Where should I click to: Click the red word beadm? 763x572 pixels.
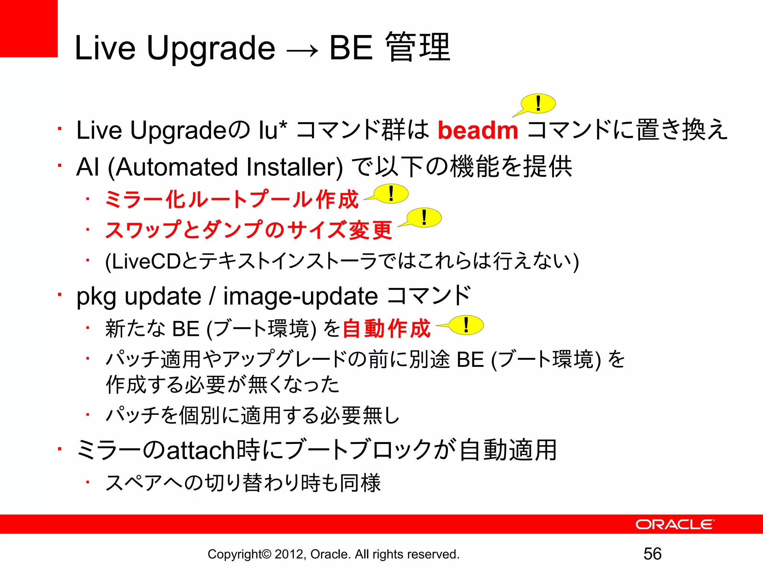point(478,130)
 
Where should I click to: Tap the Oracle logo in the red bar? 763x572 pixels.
point(674,524)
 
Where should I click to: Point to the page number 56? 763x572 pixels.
point(652,554)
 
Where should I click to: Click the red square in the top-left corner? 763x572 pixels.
point(29,28)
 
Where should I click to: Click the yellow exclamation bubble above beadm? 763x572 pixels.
point(538,104)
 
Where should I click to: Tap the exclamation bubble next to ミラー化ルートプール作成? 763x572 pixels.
point(391,194)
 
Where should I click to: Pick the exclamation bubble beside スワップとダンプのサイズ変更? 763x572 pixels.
point(424,217)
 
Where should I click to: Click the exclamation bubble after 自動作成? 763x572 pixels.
point(466,325)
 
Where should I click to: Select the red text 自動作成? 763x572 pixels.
point(386,328)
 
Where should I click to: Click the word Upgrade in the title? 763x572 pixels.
point(211,48)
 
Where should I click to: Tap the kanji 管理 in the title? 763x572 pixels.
point(418,47)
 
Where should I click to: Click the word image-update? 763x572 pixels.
point(301,296)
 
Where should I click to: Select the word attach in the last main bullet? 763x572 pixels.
point(200,450)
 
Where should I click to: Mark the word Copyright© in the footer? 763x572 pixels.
point(239,554)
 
